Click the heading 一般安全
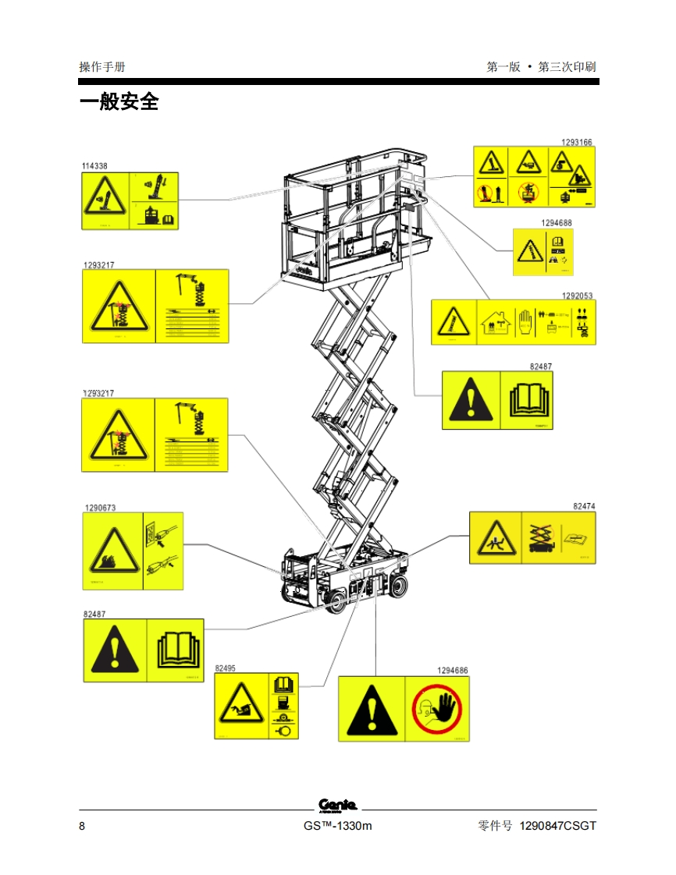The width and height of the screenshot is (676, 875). [119, 102]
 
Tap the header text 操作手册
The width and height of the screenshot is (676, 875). [101, 67]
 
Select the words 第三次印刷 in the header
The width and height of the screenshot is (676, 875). [567, 67]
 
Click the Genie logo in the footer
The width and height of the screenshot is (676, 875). [338, 806]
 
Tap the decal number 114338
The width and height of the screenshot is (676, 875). [94, 166]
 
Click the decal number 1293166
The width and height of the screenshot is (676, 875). [577, 142]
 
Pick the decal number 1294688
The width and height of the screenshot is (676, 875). [557, 223]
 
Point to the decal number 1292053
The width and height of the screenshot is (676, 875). [578, 296]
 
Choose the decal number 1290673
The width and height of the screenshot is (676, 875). [100, 508]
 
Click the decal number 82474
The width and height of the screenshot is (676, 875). [584, 507]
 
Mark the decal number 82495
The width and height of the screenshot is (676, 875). [225, 668]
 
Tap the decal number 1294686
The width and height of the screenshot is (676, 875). [453, 671]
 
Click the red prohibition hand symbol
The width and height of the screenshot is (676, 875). [438, 709]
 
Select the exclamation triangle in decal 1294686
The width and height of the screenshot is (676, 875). [372, 710]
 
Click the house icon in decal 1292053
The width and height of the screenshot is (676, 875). [493, 322]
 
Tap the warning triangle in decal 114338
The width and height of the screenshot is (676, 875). [103, 200]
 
